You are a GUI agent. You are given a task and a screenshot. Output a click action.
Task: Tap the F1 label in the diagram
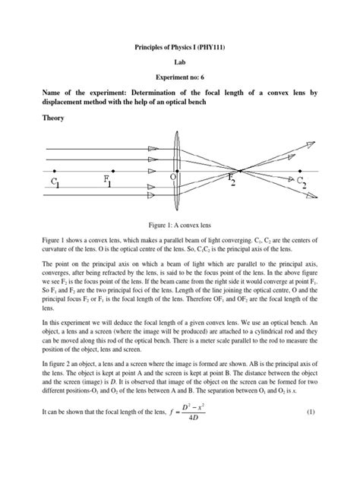pos(112,182)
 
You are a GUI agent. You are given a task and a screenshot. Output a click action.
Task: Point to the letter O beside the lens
pos(174,175)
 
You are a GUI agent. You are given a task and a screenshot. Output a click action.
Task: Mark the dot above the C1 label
pos(54,170)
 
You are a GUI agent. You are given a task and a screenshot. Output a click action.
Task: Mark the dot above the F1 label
pos(112,170)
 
